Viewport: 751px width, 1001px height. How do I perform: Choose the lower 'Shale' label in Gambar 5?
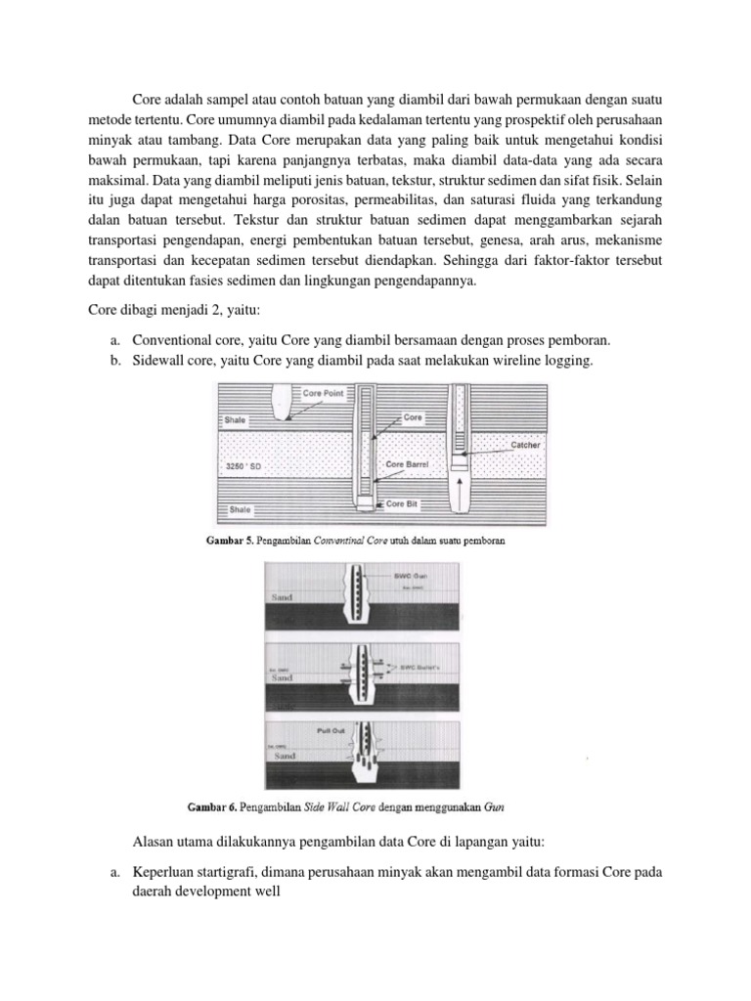[x=238, y=509]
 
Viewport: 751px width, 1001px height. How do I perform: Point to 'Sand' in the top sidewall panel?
[x=281, y=595]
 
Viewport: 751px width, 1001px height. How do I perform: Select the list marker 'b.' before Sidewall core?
[x=114, y=361]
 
